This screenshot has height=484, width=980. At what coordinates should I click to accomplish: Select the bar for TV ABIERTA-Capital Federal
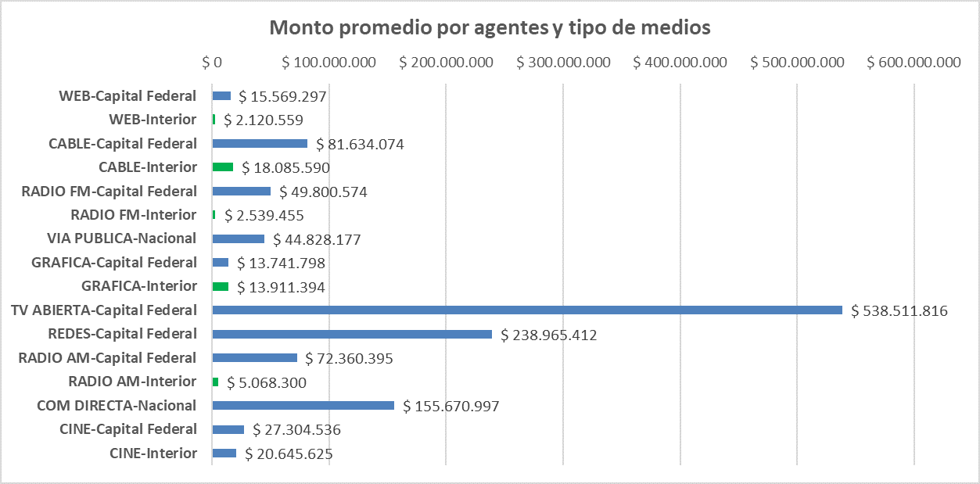[x=527, y=310]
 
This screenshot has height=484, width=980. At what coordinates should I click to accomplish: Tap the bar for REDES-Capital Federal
[x=352, y=334]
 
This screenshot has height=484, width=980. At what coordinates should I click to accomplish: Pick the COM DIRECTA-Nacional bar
[x=303, y=405]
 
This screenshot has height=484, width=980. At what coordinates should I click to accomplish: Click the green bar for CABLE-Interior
[x=223, y=167]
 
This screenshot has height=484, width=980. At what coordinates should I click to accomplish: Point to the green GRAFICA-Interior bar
[x=221, y=286]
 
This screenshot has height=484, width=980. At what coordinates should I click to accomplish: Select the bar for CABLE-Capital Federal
[x=260, y=144]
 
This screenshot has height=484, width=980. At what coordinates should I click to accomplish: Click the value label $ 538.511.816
[x=899, y=311]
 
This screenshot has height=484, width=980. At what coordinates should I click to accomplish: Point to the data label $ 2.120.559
[x=264, y=120]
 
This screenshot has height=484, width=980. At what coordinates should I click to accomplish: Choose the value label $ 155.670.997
[x=451, y=407]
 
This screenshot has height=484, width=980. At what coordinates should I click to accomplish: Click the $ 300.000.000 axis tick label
[x=563, y=63]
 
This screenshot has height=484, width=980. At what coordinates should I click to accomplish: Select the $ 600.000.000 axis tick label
[x=914, y=63]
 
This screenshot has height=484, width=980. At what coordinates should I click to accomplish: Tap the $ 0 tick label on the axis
[x=212, y=63]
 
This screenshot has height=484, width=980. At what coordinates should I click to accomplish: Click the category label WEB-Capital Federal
[x=127, y=96]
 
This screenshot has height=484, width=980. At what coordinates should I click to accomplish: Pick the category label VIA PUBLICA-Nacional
[x=122, y=238]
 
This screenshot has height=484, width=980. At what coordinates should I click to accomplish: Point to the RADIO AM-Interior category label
[x=132, y=382]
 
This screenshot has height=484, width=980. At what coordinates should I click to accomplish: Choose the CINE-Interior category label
[x=153, y=453]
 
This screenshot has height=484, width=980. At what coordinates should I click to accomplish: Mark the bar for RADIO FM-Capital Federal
[x=242, y=192]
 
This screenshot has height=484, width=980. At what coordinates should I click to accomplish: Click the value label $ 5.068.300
[x=267, y=383]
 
